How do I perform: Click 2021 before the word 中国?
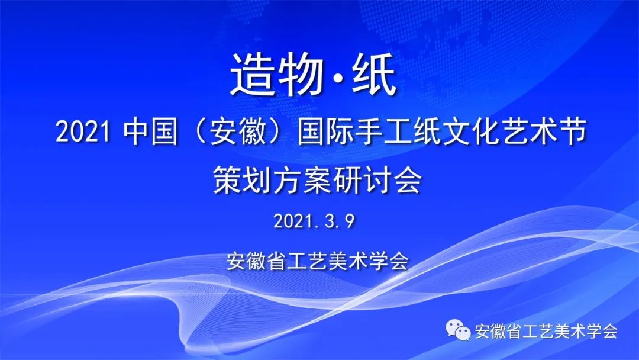tap(83, 132)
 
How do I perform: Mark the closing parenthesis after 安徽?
tap(276, 132)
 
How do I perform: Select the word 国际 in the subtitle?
tap(325, 132)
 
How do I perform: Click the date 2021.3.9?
tap(314, 221)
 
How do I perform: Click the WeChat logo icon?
tap(458, 330)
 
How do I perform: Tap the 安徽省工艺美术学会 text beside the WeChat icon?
tap(546, 330)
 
